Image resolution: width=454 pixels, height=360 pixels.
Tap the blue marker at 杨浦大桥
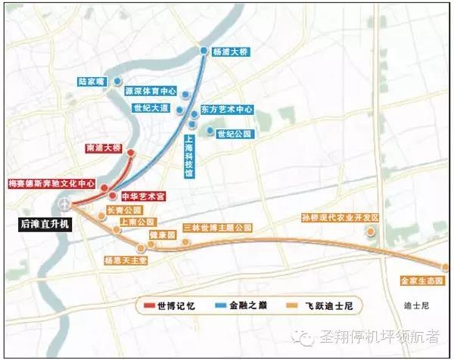(204, 51)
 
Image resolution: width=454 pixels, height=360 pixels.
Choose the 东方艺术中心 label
(226, 110)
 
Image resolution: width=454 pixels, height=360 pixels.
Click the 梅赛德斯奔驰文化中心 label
(51, 183)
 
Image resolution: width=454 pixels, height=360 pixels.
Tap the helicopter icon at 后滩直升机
(66, 204)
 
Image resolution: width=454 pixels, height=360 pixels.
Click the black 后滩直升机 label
(45, 225)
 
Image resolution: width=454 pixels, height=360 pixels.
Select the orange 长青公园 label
(125, 210)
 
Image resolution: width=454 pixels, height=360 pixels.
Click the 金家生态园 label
(421, 281)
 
